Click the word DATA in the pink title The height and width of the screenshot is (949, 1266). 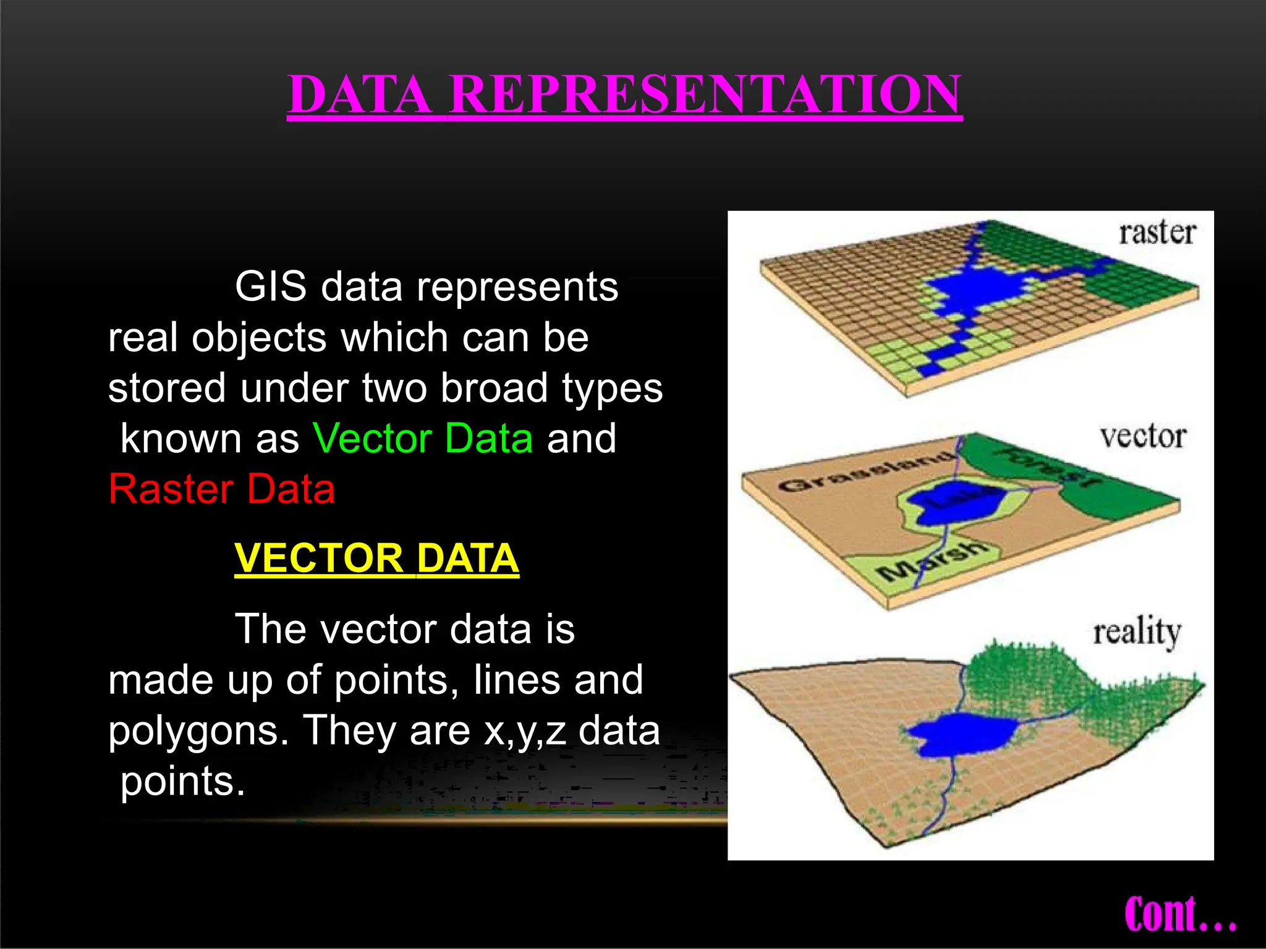(x=360, y=95)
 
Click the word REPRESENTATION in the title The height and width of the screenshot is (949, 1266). (x=705, y=95)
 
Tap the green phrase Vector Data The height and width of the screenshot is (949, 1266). (x=423, y=439)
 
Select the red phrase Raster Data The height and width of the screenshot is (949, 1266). (x=221, y=489)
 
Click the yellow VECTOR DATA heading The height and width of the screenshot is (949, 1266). (x=376, y=558)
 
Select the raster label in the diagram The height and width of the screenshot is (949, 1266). (x=1157, y=234)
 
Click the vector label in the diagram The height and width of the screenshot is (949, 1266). (x=1143, y=437)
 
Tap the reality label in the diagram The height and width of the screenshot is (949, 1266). (x=1137, y=633)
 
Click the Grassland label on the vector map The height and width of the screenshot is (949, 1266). (x=865, y=473)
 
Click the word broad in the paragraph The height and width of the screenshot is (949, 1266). (x=494, y=388)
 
